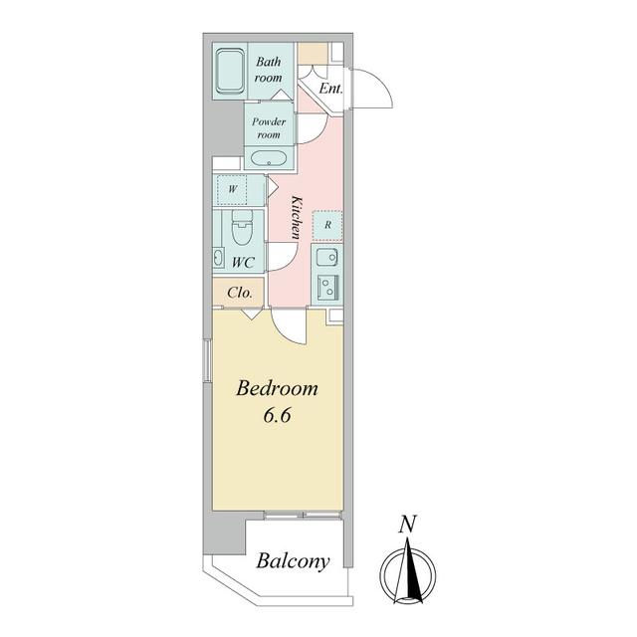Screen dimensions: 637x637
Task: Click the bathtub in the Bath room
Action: tap(230, 72)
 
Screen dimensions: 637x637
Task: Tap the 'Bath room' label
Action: tap(268, 70)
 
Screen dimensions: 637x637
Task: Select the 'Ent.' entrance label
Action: tap(330, 89)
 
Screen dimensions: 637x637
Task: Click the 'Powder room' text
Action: tap(269, 127)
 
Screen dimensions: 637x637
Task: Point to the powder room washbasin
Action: tap(268, 158)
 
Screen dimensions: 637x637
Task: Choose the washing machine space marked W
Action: tap(232, 189)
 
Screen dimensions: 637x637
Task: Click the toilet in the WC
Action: tap(242, 228)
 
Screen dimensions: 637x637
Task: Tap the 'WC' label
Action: tap(243, 263)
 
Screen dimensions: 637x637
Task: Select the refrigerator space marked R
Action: tap(327, 225)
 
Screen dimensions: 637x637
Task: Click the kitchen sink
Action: tap(327, 258)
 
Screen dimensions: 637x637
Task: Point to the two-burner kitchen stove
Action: tap(327, 288)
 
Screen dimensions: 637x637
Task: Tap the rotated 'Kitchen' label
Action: tap(297, 217)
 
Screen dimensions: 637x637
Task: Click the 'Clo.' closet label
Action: tap(240, 293)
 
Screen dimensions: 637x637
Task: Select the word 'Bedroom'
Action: tap(277, 388)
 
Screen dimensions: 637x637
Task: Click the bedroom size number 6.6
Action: tap(277, 415)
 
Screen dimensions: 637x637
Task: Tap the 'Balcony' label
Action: tap(293, 561)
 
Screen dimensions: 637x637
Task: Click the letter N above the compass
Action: tap(407, 525)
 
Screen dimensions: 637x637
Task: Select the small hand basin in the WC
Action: tap(218, 258)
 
